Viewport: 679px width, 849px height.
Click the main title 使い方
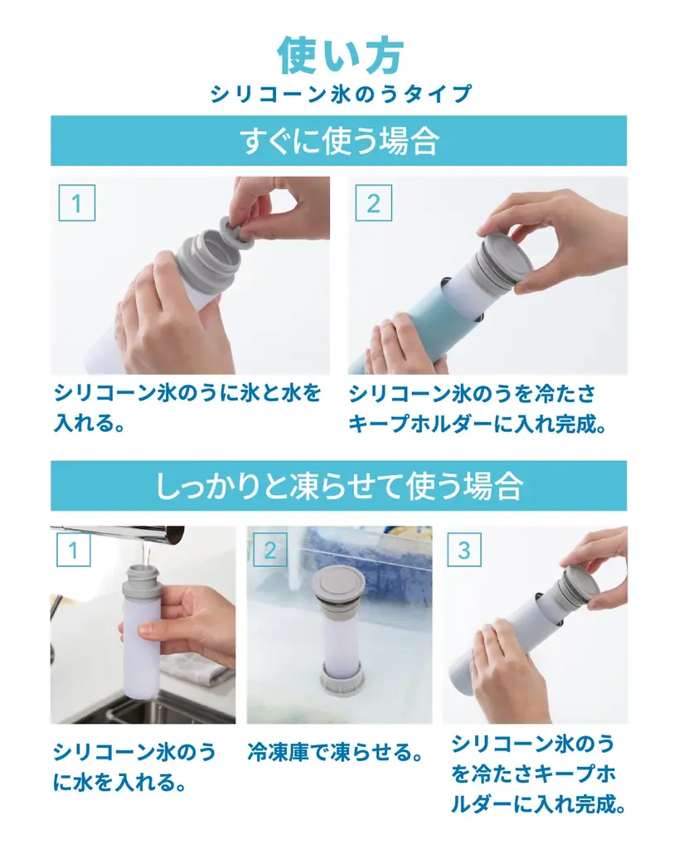coord(340,55)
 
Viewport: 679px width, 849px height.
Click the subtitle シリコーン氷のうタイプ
coord(340,94)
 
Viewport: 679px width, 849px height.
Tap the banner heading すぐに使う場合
coord(339,141)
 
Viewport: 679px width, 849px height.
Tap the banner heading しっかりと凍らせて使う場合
coord(339,486)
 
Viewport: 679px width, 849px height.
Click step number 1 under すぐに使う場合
coord(77,203)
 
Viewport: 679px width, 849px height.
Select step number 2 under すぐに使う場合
coord(373,203)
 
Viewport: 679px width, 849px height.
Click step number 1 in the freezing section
coord(74,550)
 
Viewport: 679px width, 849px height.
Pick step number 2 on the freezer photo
coord(270,550)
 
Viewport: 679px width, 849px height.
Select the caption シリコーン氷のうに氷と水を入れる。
coord(187,407)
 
